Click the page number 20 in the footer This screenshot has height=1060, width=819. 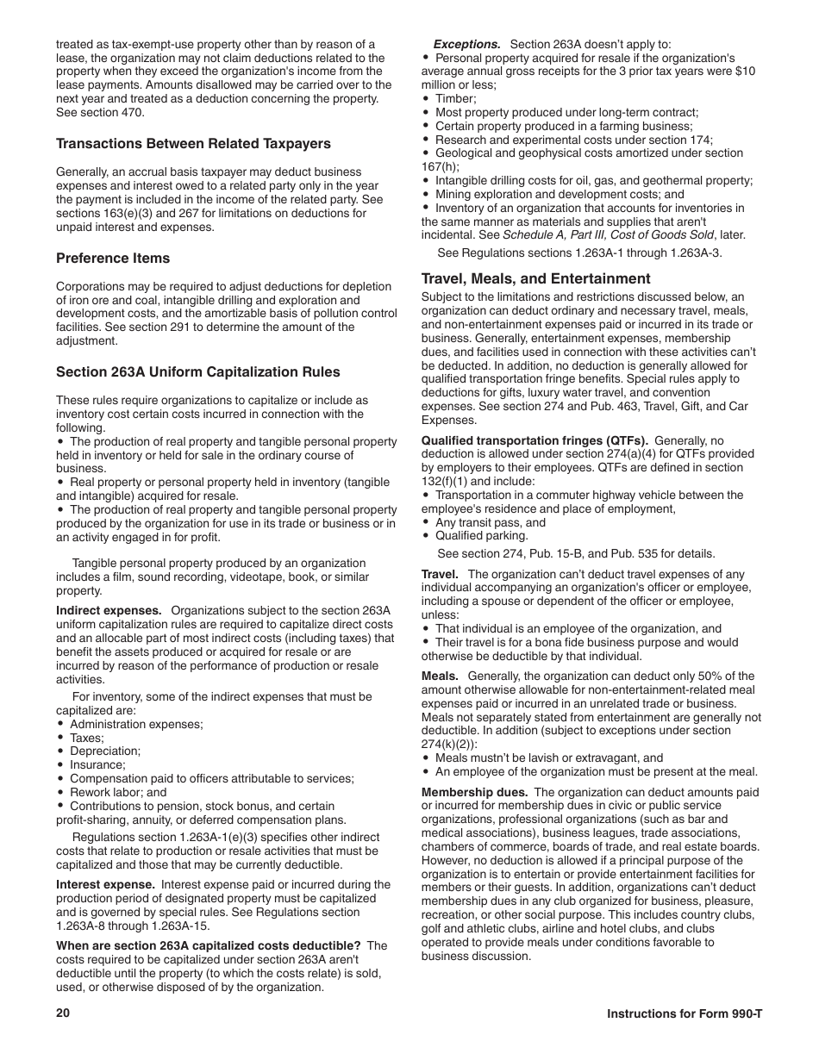[62, 1013]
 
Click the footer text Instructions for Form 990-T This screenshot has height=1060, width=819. [685, 1013]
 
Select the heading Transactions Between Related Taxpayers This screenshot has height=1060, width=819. [193, 143]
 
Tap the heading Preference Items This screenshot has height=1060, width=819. [113, 258]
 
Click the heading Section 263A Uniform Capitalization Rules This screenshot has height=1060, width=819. [198, 372]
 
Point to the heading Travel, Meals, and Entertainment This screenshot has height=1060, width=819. [535, 278]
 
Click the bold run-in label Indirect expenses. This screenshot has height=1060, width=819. [109, 610]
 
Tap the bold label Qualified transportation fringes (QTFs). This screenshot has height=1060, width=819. [535, 440]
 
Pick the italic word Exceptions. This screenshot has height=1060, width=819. [466, 44]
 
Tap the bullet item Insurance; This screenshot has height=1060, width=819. [97, 764]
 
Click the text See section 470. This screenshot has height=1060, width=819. [101, 112]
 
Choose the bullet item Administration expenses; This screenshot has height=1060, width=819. [136, 724]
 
